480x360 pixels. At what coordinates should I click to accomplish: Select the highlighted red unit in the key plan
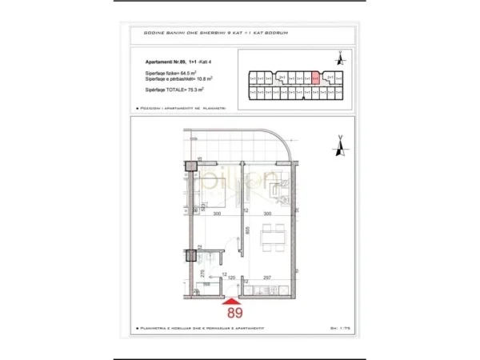click(x=315, y=78)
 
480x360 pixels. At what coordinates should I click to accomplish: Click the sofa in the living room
click(x=281, y=191)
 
